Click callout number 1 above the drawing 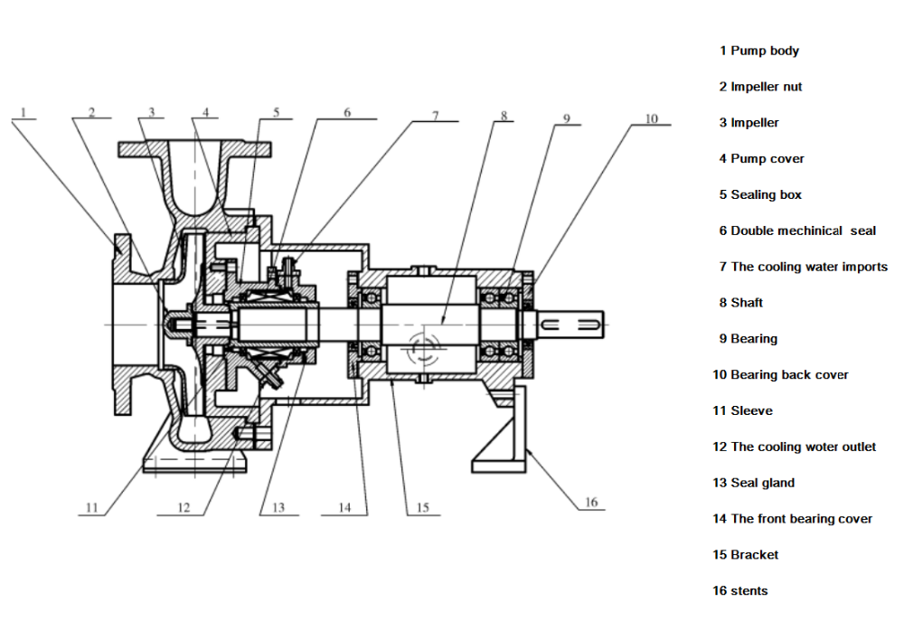tap(24, 113)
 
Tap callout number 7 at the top tap(434, 116)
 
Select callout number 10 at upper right tap(652, 118)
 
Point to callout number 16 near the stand tap(590, 503)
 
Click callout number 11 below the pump tap(91, 508)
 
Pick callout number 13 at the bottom tap(278, 508)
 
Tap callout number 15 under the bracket tap(422, 508)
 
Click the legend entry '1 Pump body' tap(758, 51)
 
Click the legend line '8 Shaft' tap(740, 303)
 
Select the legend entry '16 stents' tap(739, 590)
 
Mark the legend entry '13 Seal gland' tap(753, 483)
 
